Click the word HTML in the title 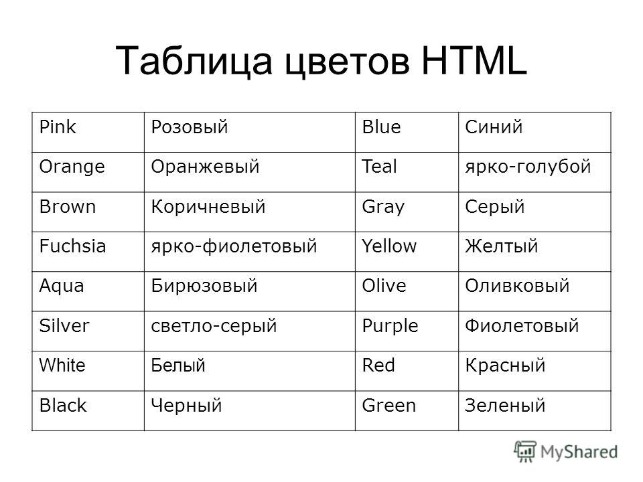(474, 61)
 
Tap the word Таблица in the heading (194, 62)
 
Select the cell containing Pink (88, 133)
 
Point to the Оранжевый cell (250, 172)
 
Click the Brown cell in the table (88, 212)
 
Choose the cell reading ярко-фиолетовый (250, 252)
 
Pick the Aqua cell (88, 291)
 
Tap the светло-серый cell (250, 331)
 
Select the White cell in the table (88, 371)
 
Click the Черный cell (250, 410)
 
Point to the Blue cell (407, 133)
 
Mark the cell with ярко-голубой (534, 172)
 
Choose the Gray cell (407, 212)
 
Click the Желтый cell (534, 252)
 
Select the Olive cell (407, 291)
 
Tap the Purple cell (407, 331)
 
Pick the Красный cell (534, 371)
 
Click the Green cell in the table (407, 410)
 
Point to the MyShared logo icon (525, 452)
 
